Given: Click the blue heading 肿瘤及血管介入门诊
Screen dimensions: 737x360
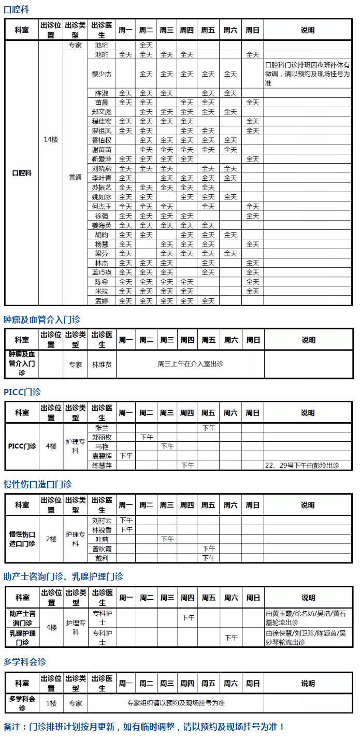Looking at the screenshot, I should point(42,320).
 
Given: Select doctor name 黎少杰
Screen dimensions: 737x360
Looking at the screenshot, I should point(102,74).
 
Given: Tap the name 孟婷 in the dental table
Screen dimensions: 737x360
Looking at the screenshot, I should point(102,300).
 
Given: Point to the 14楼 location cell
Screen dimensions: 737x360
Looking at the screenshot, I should point(51,139).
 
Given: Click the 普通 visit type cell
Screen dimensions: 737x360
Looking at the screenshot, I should point(75,177).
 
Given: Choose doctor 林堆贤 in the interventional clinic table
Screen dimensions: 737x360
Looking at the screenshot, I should point(102,364).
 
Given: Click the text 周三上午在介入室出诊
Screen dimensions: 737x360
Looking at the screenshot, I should point(190,364).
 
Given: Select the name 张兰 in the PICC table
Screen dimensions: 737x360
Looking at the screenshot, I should point(102,428).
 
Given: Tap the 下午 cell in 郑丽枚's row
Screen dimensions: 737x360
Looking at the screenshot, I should point(147,437).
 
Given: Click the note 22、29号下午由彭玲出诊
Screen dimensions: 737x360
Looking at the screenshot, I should point(302,465).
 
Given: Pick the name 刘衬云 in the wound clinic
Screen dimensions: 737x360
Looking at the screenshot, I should point(102,520).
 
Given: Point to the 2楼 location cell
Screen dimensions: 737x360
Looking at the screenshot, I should point(51,539).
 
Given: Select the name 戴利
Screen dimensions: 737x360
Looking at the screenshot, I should point(102,558).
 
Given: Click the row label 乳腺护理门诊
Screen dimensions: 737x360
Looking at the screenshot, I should point(22,637).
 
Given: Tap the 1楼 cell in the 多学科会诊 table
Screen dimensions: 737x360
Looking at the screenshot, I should point(51,703).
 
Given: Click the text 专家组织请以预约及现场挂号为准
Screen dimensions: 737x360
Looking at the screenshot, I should point(176,703).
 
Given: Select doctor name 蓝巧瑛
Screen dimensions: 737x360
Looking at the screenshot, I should point(102,272).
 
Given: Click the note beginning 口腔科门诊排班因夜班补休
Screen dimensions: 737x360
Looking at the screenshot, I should point(307,74).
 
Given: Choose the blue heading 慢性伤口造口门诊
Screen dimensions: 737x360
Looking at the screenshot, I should point(37,484).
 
